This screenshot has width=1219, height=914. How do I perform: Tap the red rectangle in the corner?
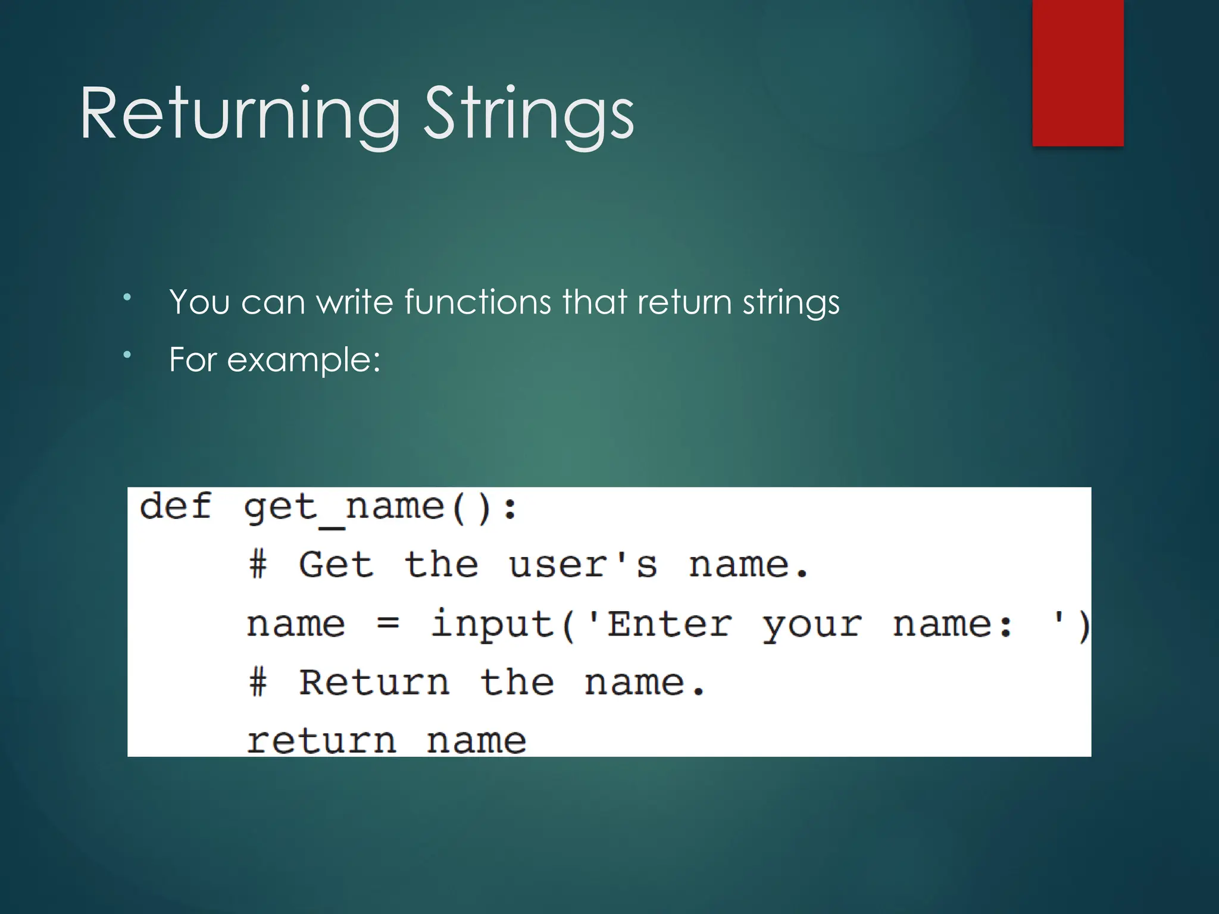(x=1077, y=73)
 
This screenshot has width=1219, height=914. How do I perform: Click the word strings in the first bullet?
(x=791, y=302)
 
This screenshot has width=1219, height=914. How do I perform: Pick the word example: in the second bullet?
(x=304, y=359)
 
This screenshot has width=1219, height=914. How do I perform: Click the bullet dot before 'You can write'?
(x=127, y=296)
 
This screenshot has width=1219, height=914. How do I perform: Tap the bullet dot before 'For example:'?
(x=127, y=355)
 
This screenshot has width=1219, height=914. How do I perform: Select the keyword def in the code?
(x=175, y=507)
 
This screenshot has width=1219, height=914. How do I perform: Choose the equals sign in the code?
(x=387, y=624)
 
